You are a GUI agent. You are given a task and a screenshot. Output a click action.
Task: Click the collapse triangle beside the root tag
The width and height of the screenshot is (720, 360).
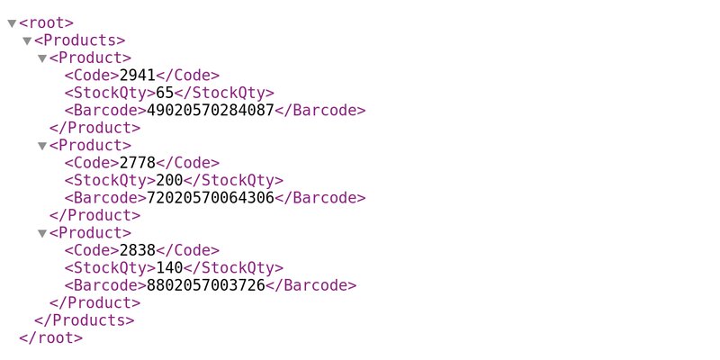[12, 23]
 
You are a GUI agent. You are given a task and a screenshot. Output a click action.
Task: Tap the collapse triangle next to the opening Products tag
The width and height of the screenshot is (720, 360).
[27, 40]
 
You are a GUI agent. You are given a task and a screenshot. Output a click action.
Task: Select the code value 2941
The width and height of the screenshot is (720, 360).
[138, 76]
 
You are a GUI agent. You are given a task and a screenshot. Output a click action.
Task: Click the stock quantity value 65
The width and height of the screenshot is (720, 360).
[165, 93]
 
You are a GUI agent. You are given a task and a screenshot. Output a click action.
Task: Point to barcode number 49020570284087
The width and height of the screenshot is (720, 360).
[211, 110]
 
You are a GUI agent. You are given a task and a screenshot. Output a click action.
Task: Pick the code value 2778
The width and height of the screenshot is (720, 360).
[138, 163]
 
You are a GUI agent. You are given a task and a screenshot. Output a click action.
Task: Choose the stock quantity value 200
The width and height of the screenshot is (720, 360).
[169, 180]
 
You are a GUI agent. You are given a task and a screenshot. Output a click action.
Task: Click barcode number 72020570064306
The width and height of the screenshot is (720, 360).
[211, 197]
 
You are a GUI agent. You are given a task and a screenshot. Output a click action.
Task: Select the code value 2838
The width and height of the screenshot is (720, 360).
[138, 250]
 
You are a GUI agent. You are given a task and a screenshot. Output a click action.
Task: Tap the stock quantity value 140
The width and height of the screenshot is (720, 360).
[169, 267]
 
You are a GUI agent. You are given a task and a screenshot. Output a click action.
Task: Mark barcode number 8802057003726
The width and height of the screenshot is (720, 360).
[206, 285]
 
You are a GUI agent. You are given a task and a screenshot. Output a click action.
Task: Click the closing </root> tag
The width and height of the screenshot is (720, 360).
[51, 338]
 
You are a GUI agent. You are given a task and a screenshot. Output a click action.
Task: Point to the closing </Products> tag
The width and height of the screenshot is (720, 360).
[85, 320]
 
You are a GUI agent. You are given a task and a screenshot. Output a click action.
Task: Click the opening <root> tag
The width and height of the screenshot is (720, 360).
[47, 23]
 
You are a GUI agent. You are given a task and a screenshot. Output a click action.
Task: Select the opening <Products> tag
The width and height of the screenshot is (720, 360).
[80, 40]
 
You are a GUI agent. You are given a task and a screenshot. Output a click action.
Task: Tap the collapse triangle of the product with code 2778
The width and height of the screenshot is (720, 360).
[42, 146]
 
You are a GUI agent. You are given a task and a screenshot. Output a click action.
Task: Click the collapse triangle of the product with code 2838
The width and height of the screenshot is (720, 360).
[42, 234]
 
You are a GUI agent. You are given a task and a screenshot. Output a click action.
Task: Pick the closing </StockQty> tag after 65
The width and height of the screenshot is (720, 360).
[224, 93]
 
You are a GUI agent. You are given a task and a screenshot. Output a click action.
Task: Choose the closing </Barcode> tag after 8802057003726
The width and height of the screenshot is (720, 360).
[310, 285]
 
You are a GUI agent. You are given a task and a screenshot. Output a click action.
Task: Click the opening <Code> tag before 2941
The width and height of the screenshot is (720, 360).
[92, 76]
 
